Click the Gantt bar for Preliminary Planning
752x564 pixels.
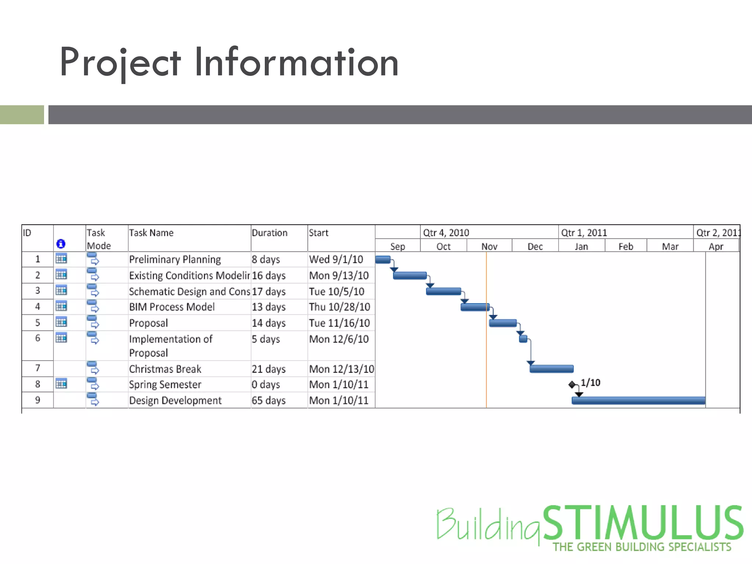point(383,260)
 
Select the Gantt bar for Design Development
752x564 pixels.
point(638,400)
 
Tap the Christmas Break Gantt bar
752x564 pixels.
point(551,369)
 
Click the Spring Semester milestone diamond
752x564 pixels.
point(572,384)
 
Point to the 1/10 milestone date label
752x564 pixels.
point(590,383)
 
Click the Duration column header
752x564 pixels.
point(270,233)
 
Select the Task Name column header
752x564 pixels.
point(151,233)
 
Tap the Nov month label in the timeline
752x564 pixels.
point(489,246)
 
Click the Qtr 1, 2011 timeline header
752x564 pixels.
point(584,233)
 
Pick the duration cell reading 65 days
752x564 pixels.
point(268,400)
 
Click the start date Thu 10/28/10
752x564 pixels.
point(339,307)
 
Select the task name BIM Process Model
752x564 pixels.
point(172,307)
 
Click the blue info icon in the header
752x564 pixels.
point(61,244)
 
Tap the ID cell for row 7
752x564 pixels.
point(37,368)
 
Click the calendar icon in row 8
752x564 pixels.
point(61,384)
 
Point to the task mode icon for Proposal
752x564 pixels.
point(93,322)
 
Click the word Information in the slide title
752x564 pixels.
point(296,62)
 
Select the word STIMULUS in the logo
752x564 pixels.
point(643,523)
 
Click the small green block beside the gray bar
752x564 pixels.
point(22,115)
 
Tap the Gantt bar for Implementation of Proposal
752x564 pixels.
point(523,339)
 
